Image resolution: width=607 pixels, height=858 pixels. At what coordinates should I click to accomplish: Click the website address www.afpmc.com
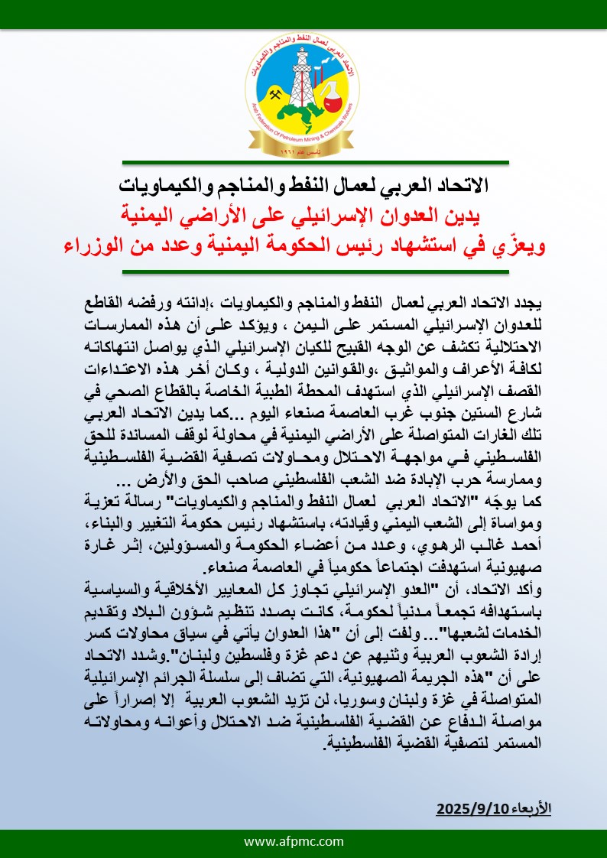pos(303,841)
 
